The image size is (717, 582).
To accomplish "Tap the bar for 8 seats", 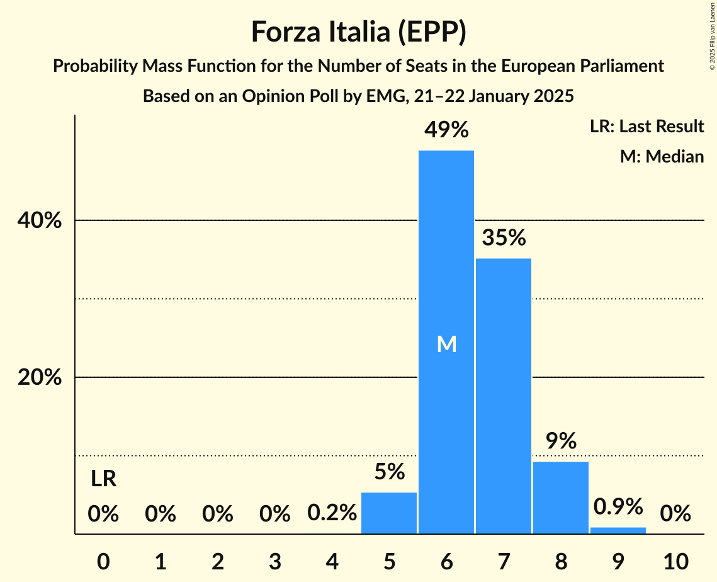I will point(561,498).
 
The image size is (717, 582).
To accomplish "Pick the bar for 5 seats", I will point(389,513).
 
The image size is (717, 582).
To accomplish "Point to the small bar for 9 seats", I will point(618,530).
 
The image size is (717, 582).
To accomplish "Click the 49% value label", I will point(446,130).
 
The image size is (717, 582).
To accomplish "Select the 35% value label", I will point(504,238).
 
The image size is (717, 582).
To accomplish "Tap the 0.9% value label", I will point(618,506).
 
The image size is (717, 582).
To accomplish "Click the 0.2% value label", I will point(332,514).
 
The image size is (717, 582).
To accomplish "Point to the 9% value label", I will point(561,441).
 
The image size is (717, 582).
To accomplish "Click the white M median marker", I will point(446,344).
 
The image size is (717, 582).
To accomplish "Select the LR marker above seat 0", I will point(103,479).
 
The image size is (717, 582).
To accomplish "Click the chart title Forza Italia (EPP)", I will point(358,32).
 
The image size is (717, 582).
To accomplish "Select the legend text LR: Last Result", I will point(646,127).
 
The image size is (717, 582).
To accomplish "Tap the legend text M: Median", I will point(662,156).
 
